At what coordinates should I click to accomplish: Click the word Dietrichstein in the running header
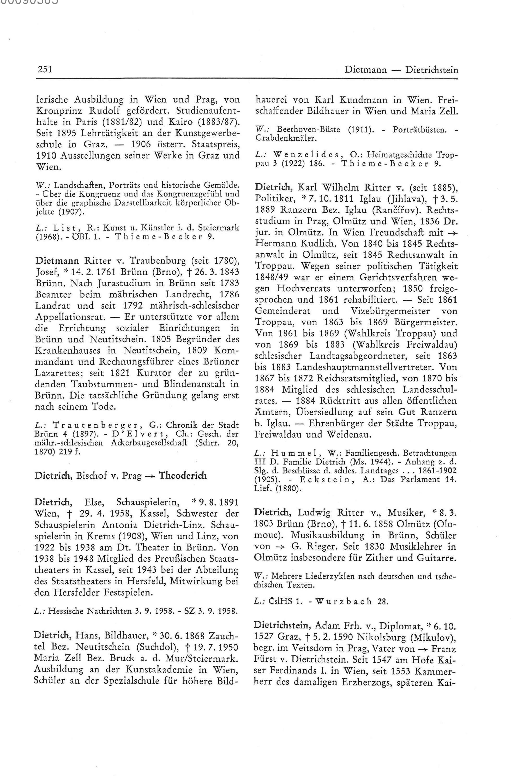[431, 70]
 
